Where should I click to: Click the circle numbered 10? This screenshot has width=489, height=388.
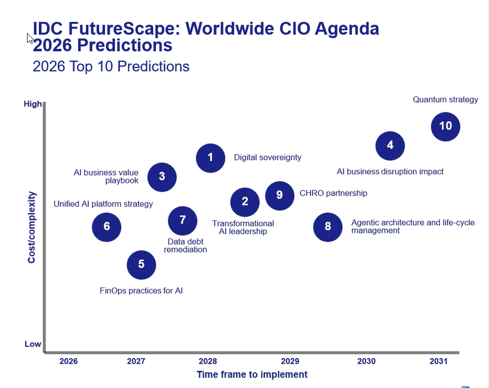[445, 127]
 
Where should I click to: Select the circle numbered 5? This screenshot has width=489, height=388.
[141, 264]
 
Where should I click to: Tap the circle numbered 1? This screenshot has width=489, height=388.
[210, 157]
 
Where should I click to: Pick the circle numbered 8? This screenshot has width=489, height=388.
[328, 227]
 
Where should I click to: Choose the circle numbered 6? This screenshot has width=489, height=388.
[107, 227]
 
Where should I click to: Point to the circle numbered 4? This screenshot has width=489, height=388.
[390, 146]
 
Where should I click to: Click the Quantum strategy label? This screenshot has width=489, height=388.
[445, 100]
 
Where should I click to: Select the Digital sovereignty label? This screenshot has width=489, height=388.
[267, 157]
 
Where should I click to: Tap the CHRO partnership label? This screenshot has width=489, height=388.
[333, 193]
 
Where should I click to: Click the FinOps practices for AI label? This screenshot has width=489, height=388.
[141, 291]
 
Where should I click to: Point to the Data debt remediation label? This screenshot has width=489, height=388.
[185, 246]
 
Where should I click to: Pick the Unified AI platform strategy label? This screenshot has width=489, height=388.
[103, 204]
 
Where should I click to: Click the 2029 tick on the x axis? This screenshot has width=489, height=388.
[290, 361]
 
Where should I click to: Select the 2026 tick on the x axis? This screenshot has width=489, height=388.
[69, 361]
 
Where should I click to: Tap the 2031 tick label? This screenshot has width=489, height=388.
[438, 361]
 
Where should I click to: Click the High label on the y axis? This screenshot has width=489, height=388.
[33, 104]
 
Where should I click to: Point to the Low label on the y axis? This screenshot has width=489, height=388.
[33, 344]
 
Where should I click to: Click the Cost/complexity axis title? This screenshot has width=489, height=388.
[32, 227]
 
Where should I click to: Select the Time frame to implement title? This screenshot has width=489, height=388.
[252, 375]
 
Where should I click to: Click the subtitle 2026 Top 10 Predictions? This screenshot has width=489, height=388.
[111, 66]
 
